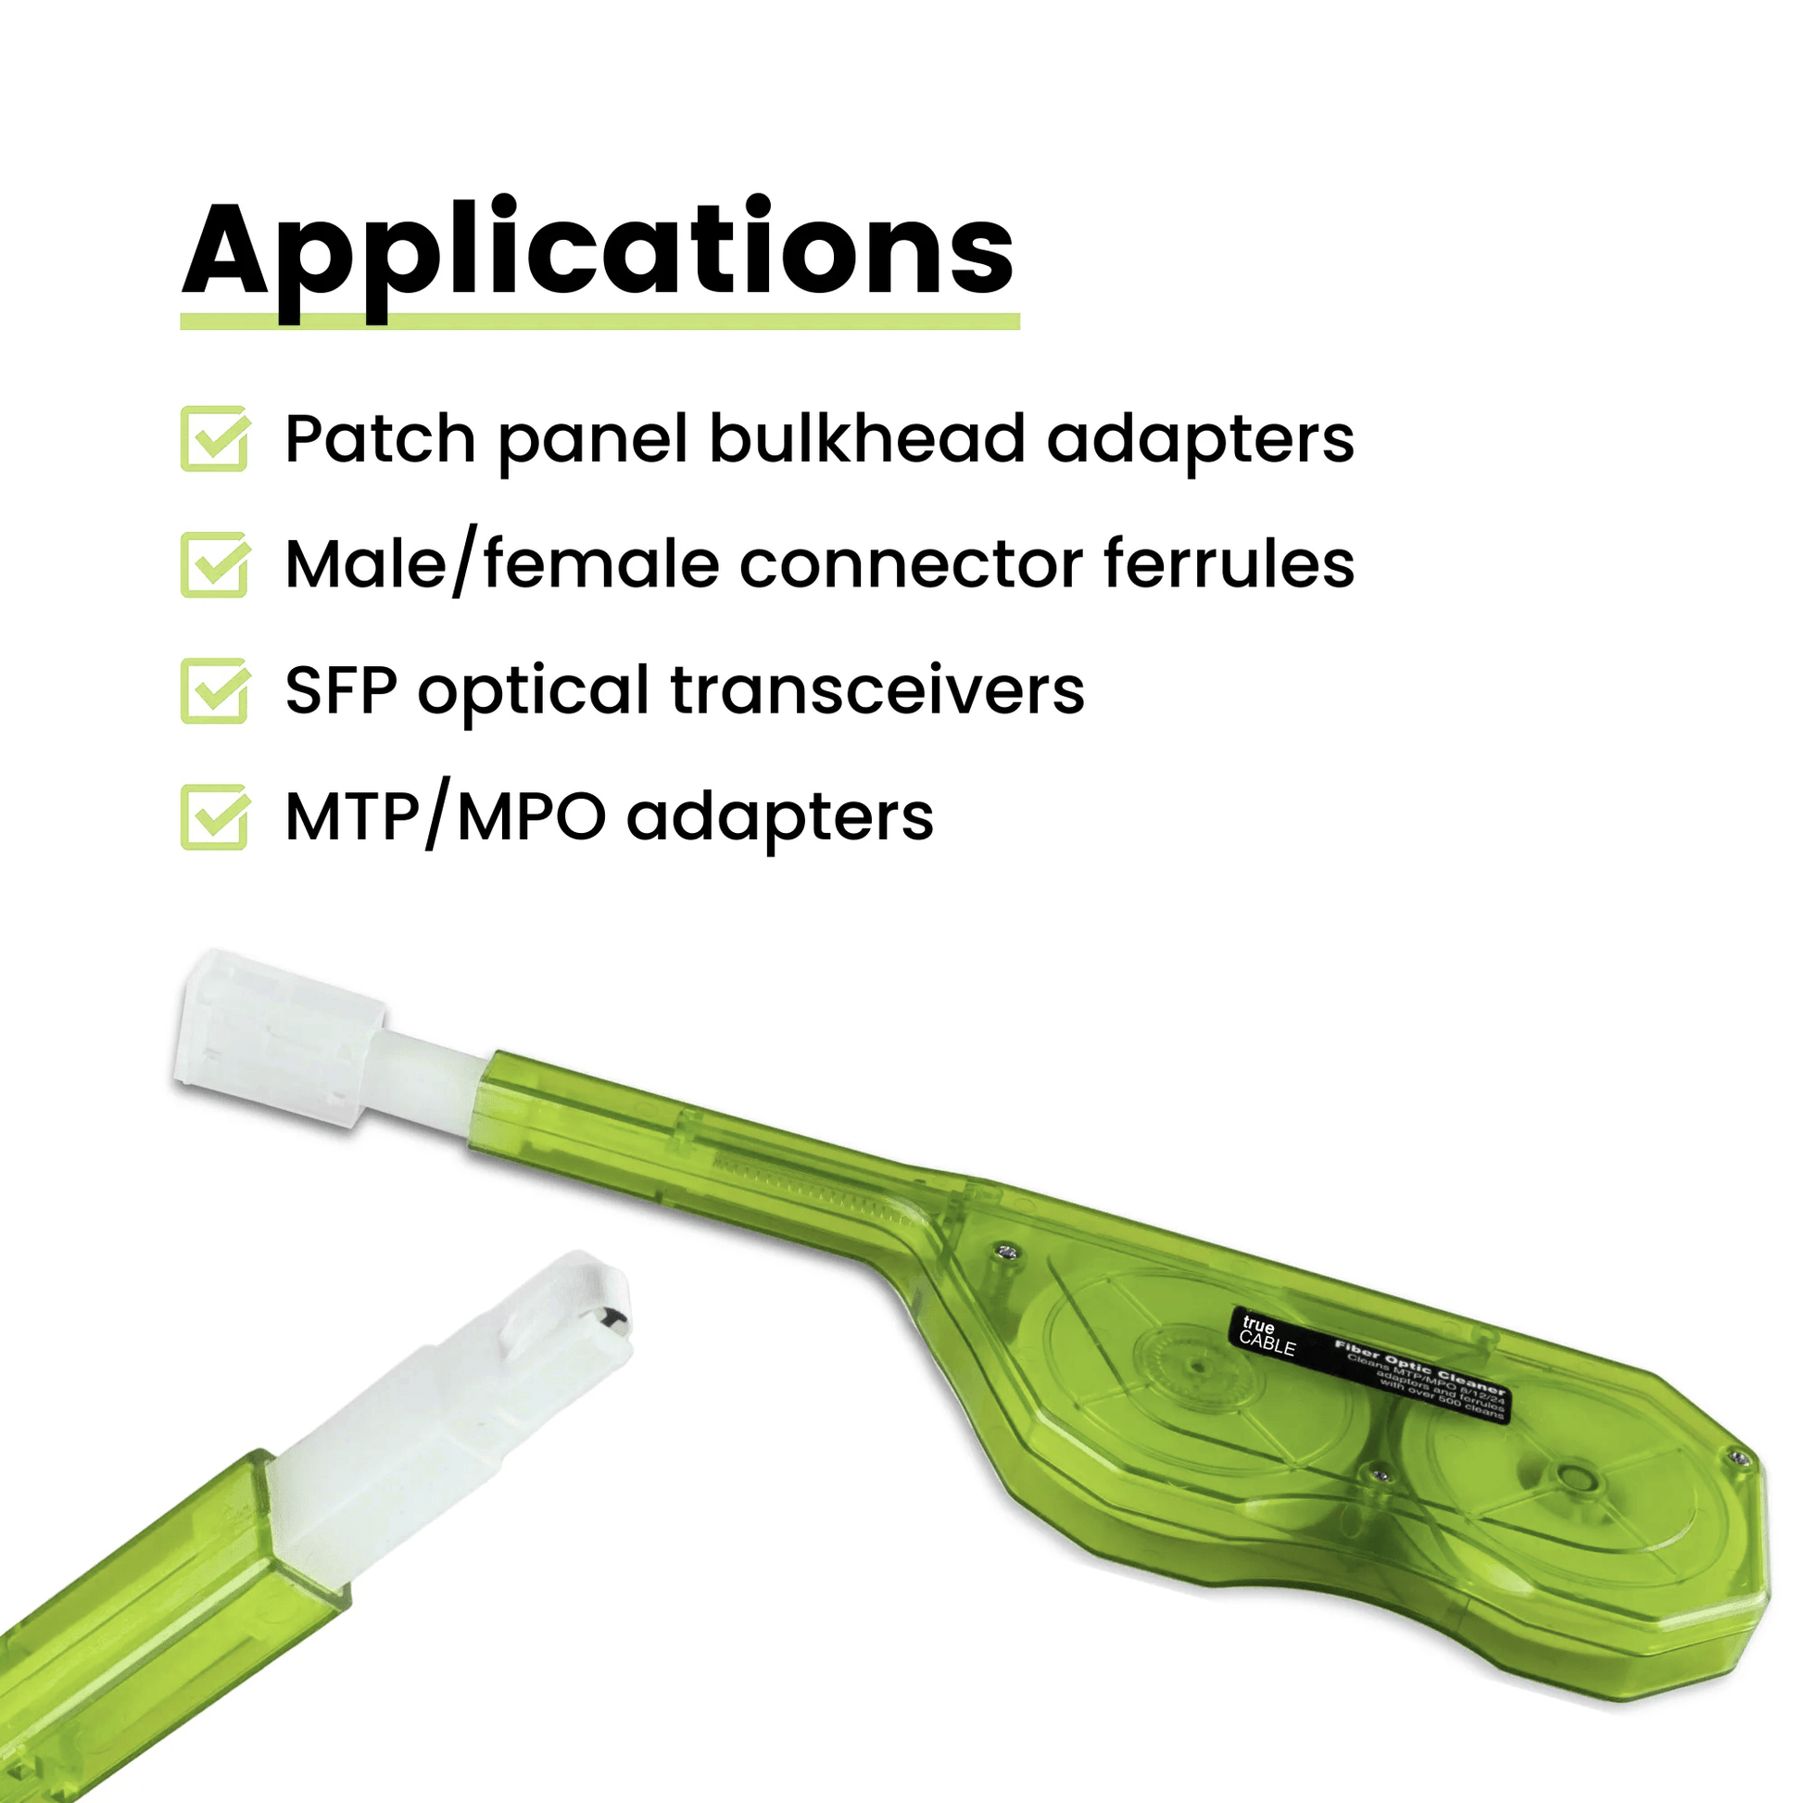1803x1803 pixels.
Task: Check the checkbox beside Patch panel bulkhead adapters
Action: tap(215, 438)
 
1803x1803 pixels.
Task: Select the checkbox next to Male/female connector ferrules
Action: tap(215, 564)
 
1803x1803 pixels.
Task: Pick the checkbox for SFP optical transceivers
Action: tap(215, 690)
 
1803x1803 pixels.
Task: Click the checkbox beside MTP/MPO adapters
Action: tap(215, 816)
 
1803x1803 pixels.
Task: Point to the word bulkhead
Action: tap(867, 438)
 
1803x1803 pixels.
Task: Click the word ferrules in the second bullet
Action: tap(1229, 564)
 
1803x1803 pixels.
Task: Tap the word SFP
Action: tap(341, 691)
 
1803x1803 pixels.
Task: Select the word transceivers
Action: tap(877, 691)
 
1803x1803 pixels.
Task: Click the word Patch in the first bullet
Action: tap(381, 438)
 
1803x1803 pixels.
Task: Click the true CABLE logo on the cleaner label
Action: tap(1267, 1336)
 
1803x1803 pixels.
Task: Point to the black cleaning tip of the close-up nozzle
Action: tap(612, 1319)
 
